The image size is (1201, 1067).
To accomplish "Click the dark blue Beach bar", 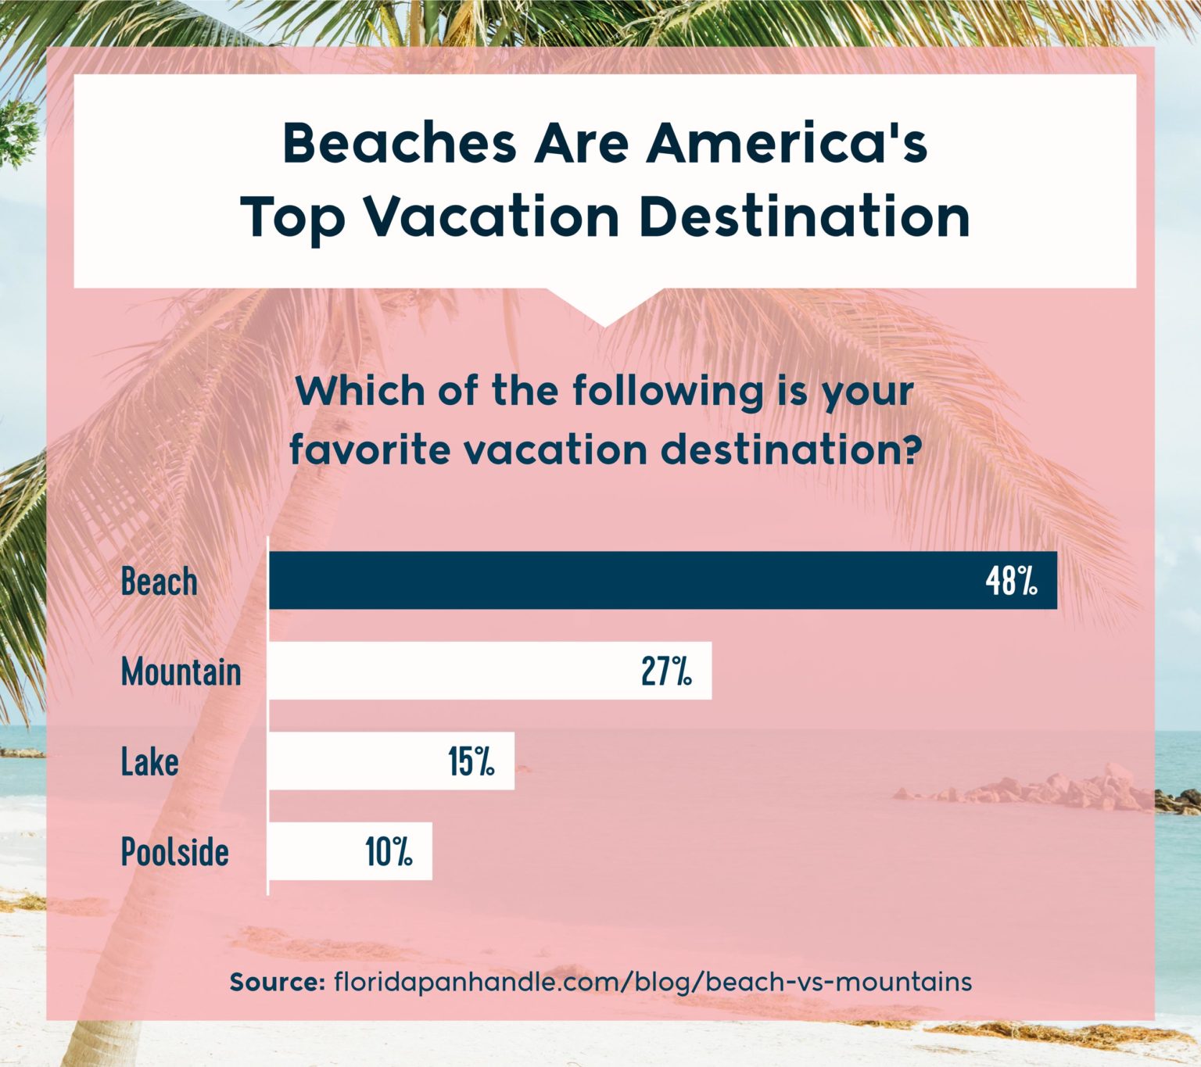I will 626,580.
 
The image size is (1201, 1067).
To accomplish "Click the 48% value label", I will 1011,581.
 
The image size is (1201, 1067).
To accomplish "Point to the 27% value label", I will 666,671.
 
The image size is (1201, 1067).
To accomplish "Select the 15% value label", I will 471,761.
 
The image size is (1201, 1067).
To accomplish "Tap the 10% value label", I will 389,851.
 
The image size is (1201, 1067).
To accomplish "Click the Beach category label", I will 159,582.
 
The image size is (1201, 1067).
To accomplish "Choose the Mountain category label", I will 181,671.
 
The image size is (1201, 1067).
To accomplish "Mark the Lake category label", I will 149,761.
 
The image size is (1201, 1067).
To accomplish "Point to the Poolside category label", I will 174,851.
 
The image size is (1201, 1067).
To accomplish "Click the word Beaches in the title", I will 400,143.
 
